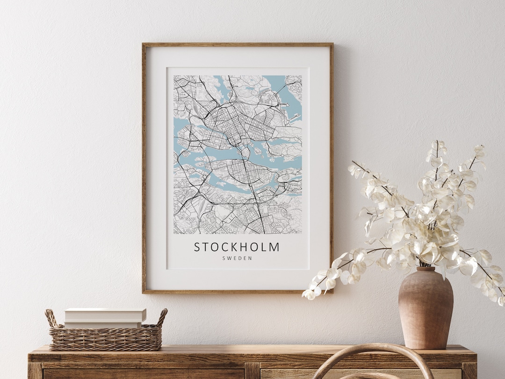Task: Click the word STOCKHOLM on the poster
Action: click(237, 247)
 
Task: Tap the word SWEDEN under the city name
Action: click(237, 258)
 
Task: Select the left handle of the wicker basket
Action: click(51, 319)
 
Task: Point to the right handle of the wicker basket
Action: click(162, 317)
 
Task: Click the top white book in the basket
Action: click(105, 314)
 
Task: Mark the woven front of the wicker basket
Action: click(105, 339)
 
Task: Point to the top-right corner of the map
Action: click(302, 76)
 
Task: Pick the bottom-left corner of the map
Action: click(174, 233)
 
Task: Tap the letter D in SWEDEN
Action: click(240, 258)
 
